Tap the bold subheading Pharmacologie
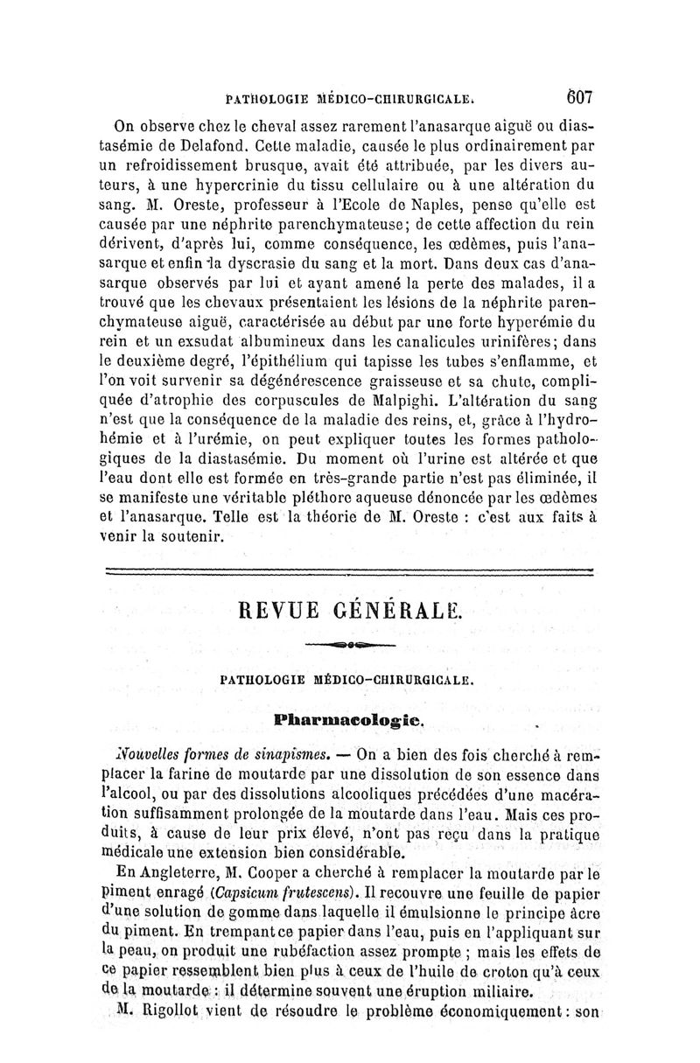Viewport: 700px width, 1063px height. [x=349, y=720]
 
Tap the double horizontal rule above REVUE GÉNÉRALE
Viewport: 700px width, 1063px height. [x=348, y=570]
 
